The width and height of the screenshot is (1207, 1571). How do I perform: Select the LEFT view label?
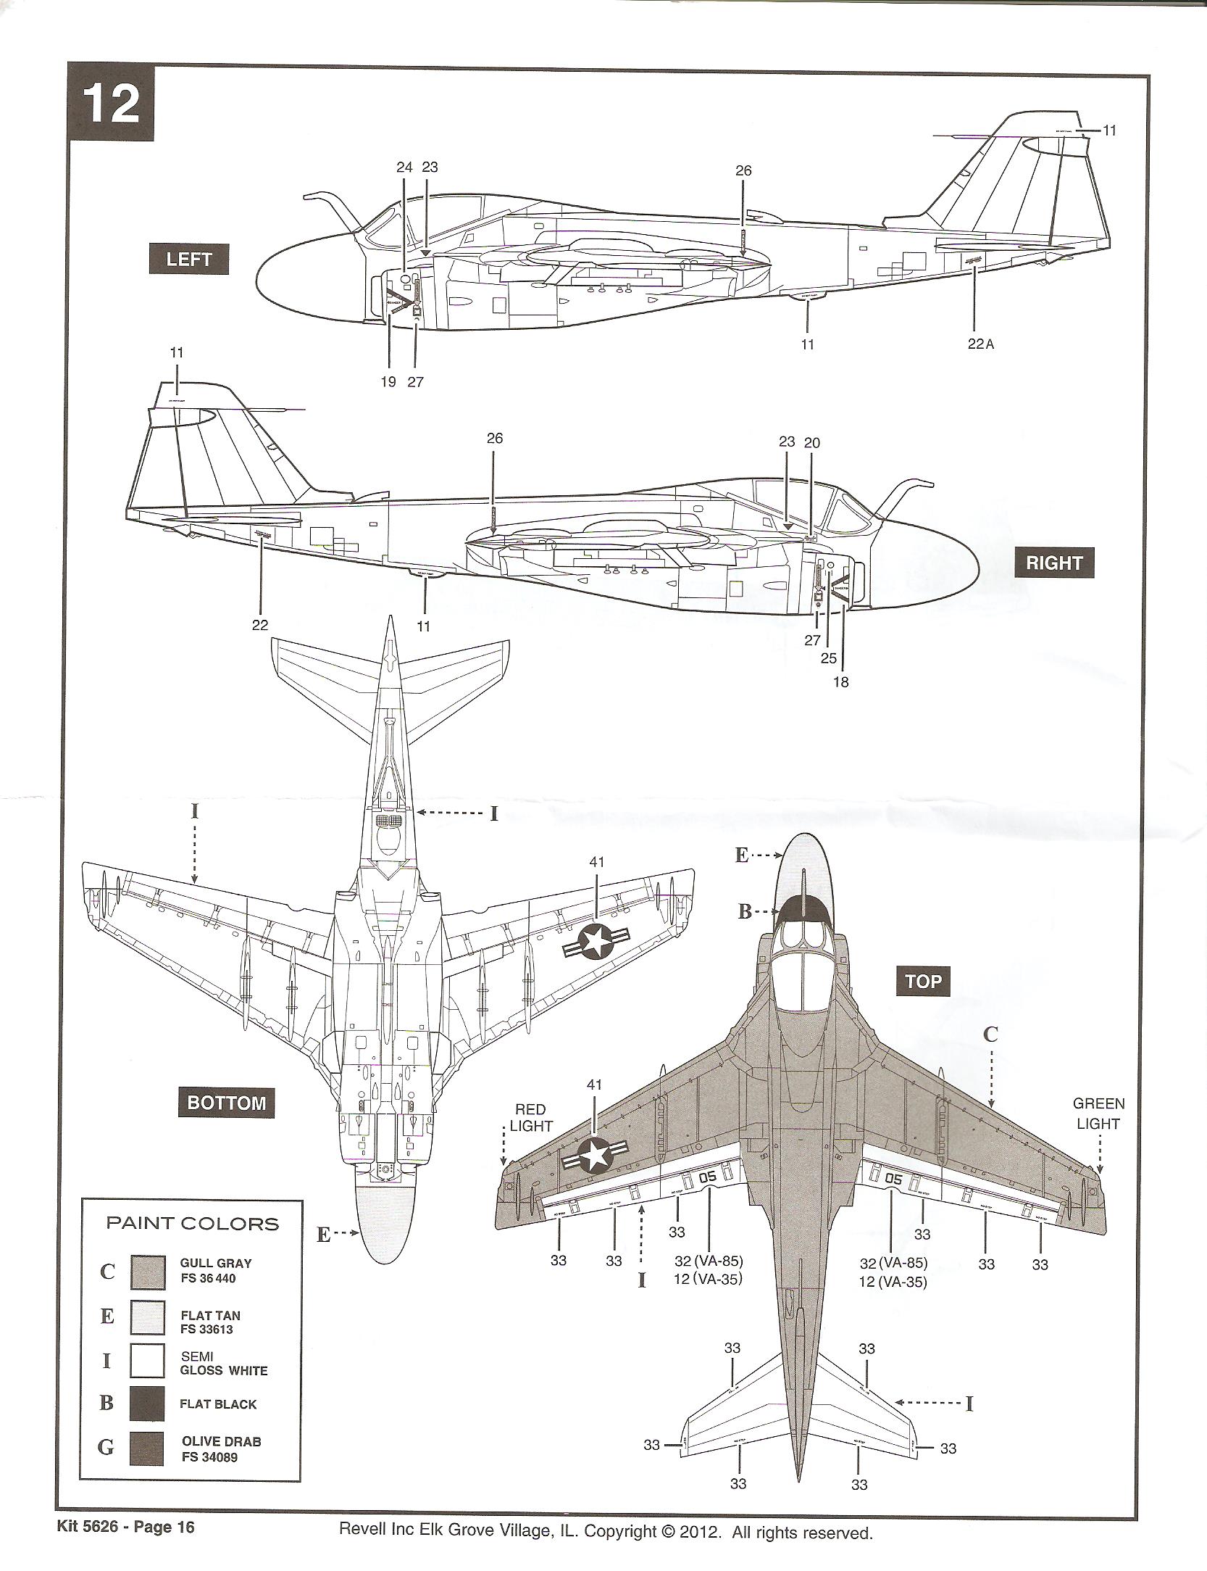[188, 259]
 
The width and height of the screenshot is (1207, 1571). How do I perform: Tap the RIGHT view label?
[1054, 563]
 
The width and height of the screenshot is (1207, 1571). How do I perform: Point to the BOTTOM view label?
[227, 1103]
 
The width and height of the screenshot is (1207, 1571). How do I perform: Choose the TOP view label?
[923, 982]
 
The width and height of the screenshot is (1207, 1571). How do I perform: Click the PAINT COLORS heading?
[193, 1224]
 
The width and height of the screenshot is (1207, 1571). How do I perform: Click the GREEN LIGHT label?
[1098, 1114]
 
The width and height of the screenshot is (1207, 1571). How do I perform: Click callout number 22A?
[980, 344]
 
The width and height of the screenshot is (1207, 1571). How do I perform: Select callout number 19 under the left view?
[389, 381]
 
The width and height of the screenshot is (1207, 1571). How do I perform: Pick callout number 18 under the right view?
[840, 681]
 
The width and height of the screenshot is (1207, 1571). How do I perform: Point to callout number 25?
[828, 658]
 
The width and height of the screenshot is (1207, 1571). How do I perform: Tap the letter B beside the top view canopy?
[744, 912]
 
